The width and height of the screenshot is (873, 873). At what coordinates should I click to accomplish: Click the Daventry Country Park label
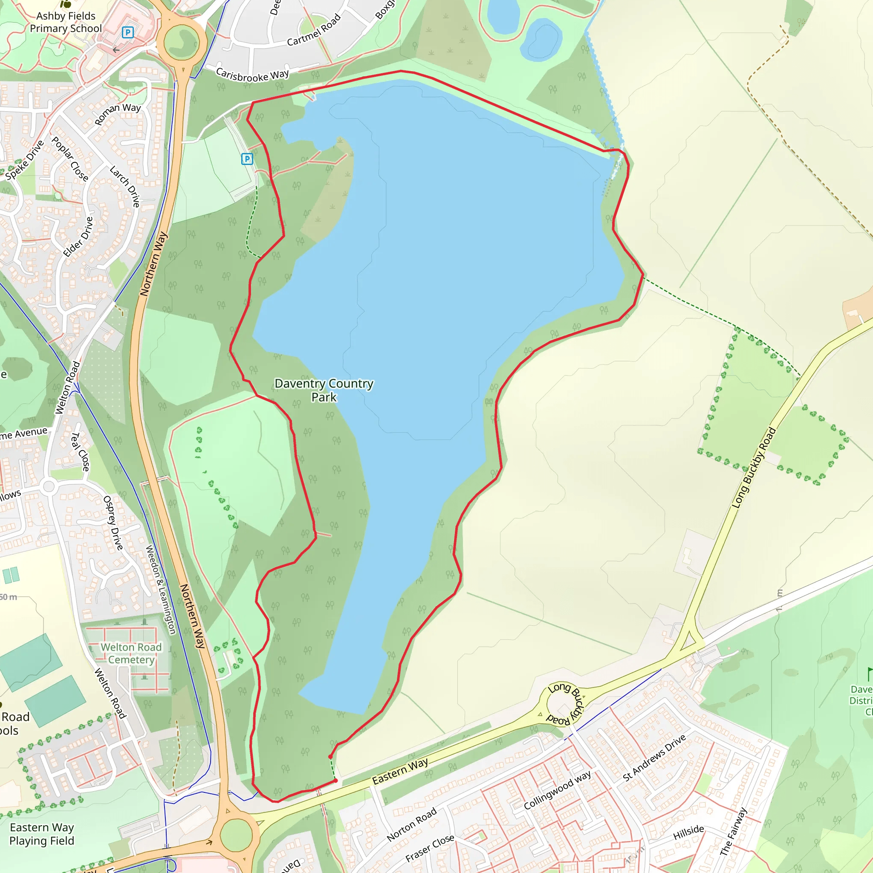coord(324,390)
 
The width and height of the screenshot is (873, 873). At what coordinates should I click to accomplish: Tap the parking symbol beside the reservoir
coord(247,159)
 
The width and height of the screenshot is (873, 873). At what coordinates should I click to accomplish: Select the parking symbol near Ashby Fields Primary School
coord(128,32)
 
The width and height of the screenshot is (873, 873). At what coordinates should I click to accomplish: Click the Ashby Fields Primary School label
coord(66,22)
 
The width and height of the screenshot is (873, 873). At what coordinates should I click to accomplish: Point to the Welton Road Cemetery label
coord(131,653)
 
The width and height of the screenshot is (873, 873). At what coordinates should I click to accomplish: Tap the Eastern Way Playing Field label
coord(42,834)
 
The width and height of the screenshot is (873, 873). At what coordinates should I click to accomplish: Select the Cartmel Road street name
coord(314,30)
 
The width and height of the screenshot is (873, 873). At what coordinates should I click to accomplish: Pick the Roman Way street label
coord(118,113)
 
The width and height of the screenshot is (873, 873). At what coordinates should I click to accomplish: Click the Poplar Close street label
coord(69,159)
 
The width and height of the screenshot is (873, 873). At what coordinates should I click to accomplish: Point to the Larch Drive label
coord(125,187)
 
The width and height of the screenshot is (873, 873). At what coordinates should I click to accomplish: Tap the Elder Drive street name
coord(78,237)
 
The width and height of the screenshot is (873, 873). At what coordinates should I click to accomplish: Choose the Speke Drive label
coord(25,160)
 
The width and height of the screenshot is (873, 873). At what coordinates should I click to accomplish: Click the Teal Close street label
coord(81,451)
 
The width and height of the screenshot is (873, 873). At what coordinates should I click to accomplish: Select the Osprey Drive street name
coord(113,523)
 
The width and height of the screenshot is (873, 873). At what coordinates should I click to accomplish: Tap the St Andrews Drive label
coord(654,758)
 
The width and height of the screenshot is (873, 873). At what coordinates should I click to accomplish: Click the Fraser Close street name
coord(430,848)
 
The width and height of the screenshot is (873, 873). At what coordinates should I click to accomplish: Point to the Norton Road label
coord(412,825)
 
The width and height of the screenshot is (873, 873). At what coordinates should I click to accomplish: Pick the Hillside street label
coord(689,833)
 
